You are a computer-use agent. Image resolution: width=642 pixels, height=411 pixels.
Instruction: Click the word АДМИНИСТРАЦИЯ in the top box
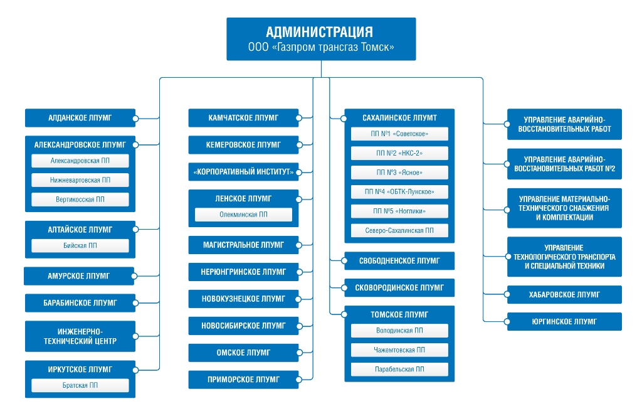[319, 31]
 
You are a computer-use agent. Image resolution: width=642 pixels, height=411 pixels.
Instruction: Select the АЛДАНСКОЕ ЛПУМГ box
[80, 118]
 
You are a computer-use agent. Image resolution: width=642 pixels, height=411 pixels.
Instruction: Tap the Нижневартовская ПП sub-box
[80, 180]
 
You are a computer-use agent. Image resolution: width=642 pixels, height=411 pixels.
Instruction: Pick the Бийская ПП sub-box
[80, 245]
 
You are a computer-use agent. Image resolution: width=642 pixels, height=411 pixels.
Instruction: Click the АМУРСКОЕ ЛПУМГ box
[79, 275]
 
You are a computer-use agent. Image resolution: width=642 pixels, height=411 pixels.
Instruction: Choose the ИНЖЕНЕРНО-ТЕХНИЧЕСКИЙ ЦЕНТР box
[80, 336]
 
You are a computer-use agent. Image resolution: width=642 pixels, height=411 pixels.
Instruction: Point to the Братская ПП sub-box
[80, 385]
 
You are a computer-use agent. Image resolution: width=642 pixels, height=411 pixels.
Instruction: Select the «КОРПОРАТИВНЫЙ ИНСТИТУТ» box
[244, 172]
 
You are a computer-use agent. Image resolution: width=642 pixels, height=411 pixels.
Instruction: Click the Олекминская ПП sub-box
[244, 215]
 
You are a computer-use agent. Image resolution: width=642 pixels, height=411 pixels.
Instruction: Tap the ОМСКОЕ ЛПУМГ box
[244, 353]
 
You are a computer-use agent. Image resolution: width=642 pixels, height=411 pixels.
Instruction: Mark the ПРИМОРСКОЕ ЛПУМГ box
[244, 380]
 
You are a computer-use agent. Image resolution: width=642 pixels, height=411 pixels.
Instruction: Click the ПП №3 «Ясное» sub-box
[399, 173]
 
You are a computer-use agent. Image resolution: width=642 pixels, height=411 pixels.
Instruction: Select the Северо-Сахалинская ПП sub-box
[399, 230]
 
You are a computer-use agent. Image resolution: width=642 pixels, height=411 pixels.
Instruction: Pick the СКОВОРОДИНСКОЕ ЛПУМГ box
[399, 287]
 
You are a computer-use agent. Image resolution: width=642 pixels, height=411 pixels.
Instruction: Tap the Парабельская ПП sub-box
[399, 369]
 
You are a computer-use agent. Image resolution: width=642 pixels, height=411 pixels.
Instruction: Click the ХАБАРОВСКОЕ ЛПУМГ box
[565, 295]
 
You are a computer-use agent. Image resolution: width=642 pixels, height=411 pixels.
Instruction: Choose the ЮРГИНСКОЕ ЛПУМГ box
[565, 322]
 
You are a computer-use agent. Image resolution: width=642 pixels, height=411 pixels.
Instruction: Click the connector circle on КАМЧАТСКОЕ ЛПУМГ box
[299, 118]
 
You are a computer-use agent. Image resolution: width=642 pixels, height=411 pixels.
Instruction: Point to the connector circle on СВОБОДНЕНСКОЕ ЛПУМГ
[344, 260]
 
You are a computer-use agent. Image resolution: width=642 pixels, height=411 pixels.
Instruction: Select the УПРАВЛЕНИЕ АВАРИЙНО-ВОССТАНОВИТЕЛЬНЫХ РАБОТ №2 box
[565, 164]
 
